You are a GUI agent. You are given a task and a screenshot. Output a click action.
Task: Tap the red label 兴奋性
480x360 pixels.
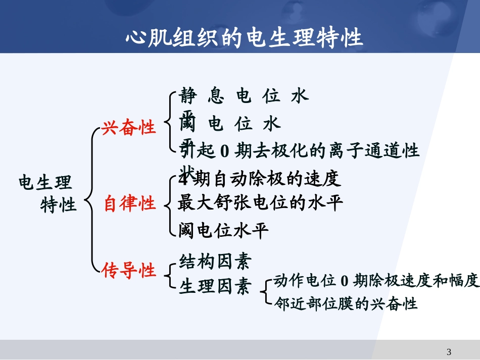[129, 128]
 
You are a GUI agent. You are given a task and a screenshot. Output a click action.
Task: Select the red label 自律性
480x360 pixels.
[130, 204]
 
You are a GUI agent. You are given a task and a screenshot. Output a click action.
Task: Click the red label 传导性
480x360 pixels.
[129, 271]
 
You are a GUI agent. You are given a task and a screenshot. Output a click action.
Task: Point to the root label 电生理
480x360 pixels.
[45, 182]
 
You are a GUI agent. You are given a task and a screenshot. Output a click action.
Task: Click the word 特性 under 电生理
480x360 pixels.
[59, 205]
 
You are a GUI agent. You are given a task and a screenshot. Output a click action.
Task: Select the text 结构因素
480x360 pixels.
[215, 261]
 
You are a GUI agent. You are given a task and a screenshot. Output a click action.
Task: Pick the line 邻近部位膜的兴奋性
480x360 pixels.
[346, 303]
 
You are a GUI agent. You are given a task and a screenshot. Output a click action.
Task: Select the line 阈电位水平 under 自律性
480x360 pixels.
[223, 230]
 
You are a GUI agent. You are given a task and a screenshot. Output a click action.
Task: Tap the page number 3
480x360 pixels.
[449, 351]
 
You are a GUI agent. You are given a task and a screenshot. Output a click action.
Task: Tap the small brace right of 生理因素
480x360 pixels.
[265, 291]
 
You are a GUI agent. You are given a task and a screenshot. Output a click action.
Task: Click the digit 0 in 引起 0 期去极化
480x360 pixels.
[225, 150]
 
